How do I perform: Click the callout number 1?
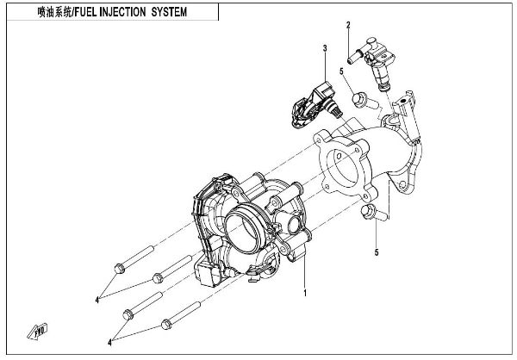(x=305, y=294)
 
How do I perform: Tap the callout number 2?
(x=348, y=26)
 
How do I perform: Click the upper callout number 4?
(x=98, y=299)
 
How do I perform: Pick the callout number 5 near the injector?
(x=342, y=71)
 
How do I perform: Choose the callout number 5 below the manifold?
(x=376, y=253)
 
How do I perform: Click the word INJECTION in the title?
(x=124, y=13)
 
